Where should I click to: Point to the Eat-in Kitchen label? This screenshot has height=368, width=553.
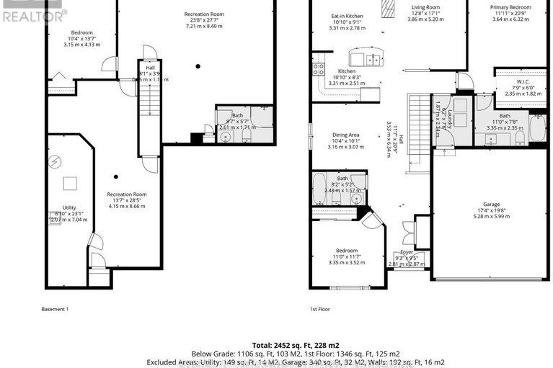pos(347,15)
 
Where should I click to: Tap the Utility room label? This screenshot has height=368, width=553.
pos(68,207)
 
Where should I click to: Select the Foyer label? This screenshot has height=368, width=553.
pos(407,252)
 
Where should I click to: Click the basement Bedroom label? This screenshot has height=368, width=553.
pos(81,32)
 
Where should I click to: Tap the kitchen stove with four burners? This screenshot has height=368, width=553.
pos(318,70)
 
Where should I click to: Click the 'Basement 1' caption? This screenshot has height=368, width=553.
pos(55,309)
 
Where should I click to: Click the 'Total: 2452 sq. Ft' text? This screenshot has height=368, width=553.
pos(277,345)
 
